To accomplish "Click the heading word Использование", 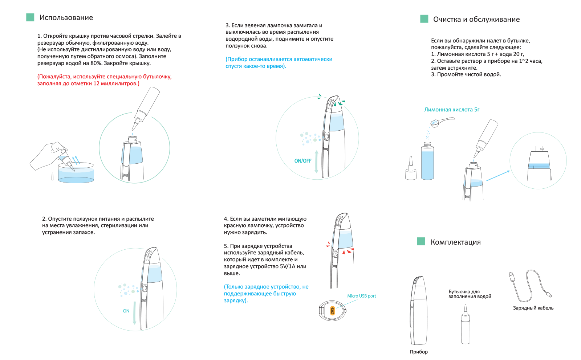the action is tap(66, 18).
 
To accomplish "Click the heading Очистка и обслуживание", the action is tap(476, 20).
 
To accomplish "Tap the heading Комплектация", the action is tap(455, 242).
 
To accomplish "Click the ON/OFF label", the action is tap(303, 161).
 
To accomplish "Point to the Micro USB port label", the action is tap(362, 296).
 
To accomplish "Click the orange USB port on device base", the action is tap(333, 311).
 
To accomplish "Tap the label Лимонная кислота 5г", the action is tap(452, 110).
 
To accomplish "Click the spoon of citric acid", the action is tap(442, 122).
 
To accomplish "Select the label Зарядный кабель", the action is tap(533, 308).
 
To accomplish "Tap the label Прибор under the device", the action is tap(419, 352).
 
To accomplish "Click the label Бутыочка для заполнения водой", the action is tap(470, 294).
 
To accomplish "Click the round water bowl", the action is tap(76, 173).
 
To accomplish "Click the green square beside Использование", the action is tap(31, 17).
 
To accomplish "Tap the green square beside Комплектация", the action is tap(421, 241).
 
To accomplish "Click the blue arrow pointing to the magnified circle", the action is tap(498, 176).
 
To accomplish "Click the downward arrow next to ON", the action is tap(134, 313).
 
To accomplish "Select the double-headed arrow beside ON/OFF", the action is tap(316, 161).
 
